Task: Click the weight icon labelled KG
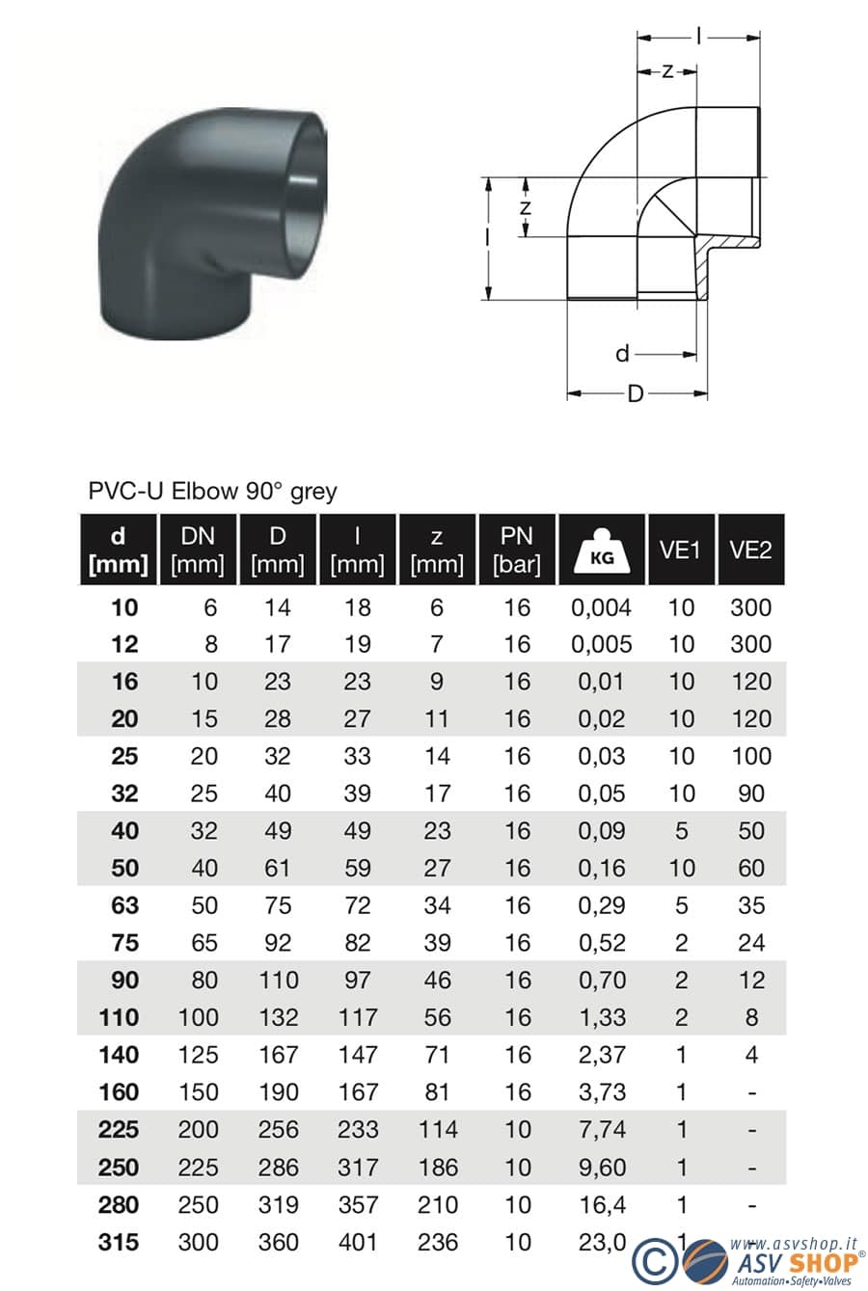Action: click(602, 551)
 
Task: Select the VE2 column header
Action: click(750, 550)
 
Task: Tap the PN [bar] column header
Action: click(516, 550)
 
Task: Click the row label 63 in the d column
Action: click(124, 906)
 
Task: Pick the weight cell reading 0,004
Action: click(601, 608)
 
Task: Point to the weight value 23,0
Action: click(602, 1243)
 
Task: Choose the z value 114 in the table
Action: click(438, 1130)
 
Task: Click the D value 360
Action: click(278, 1242)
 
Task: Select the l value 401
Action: click(358, 1242)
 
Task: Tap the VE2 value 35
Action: click(751, 906)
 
